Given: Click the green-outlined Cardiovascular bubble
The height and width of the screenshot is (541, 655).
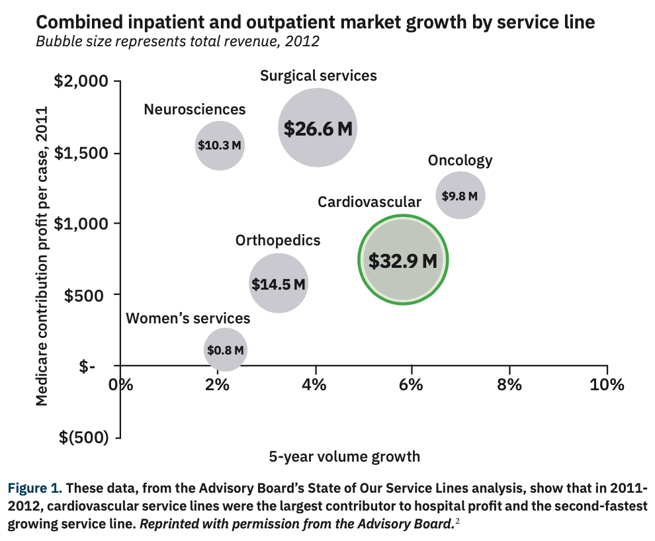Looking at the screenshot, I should coord(403,260).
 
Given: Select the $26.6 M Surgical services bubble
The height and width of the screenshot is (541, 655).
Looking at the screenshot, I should coord(318,128).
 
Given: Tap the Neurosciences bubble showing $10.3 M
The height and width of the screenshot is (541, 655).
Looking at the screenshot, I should coord(220,145).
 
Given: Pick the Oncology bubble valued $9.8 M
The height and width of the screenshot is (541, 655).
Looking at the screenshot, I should coord(460,195).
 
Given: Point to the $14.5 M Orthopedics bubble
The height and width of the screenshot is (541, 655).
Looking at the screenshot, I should coord(278,284).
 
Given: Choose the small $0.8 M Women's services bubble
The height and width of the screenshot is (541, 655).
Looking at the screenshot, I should coord(226,350).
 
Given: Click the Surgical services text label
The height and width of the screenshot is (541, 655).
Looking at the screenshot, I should coord(318,75).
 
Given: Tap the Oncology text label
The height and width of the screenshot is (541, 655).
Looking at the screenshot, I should coord(460,160).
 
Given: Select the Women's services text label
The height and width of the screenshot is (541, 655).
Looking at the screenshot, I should coord(188,319).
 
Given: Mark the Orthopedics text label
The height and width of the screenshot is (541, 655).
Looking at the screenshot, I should coord(278,241).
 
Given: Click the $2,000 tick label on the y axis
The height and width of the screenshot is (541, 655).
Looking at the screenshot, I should coord(80,82).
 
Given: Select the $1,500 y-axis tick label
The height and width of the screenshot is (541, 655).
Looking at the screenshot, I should coord(80,153).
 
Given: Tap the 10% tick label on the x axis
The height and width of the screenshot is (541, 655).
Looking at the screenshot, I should coord(607,386).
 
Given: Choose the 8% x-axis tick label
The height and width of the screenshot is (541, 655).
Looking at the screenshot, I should coord(509,386).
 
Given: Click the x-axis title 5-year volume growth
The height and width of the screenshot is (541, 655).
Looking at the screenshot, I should coord(344,456).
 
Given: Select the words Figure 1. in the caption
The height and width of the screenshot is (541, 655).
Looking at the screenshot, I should coord(34,489).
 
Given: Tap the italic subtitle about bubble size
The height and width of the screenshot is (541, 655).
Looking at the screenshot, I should coord(177,42).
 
